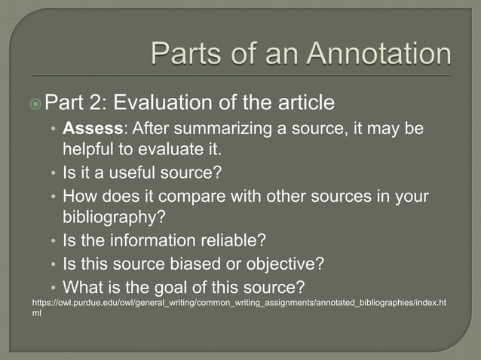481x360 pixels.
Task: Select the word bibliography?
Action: click(114, 218)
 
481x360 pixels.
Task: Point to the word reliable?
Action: click(225, 241)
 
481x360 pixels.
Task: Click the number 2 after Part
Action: click(103, 100)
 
